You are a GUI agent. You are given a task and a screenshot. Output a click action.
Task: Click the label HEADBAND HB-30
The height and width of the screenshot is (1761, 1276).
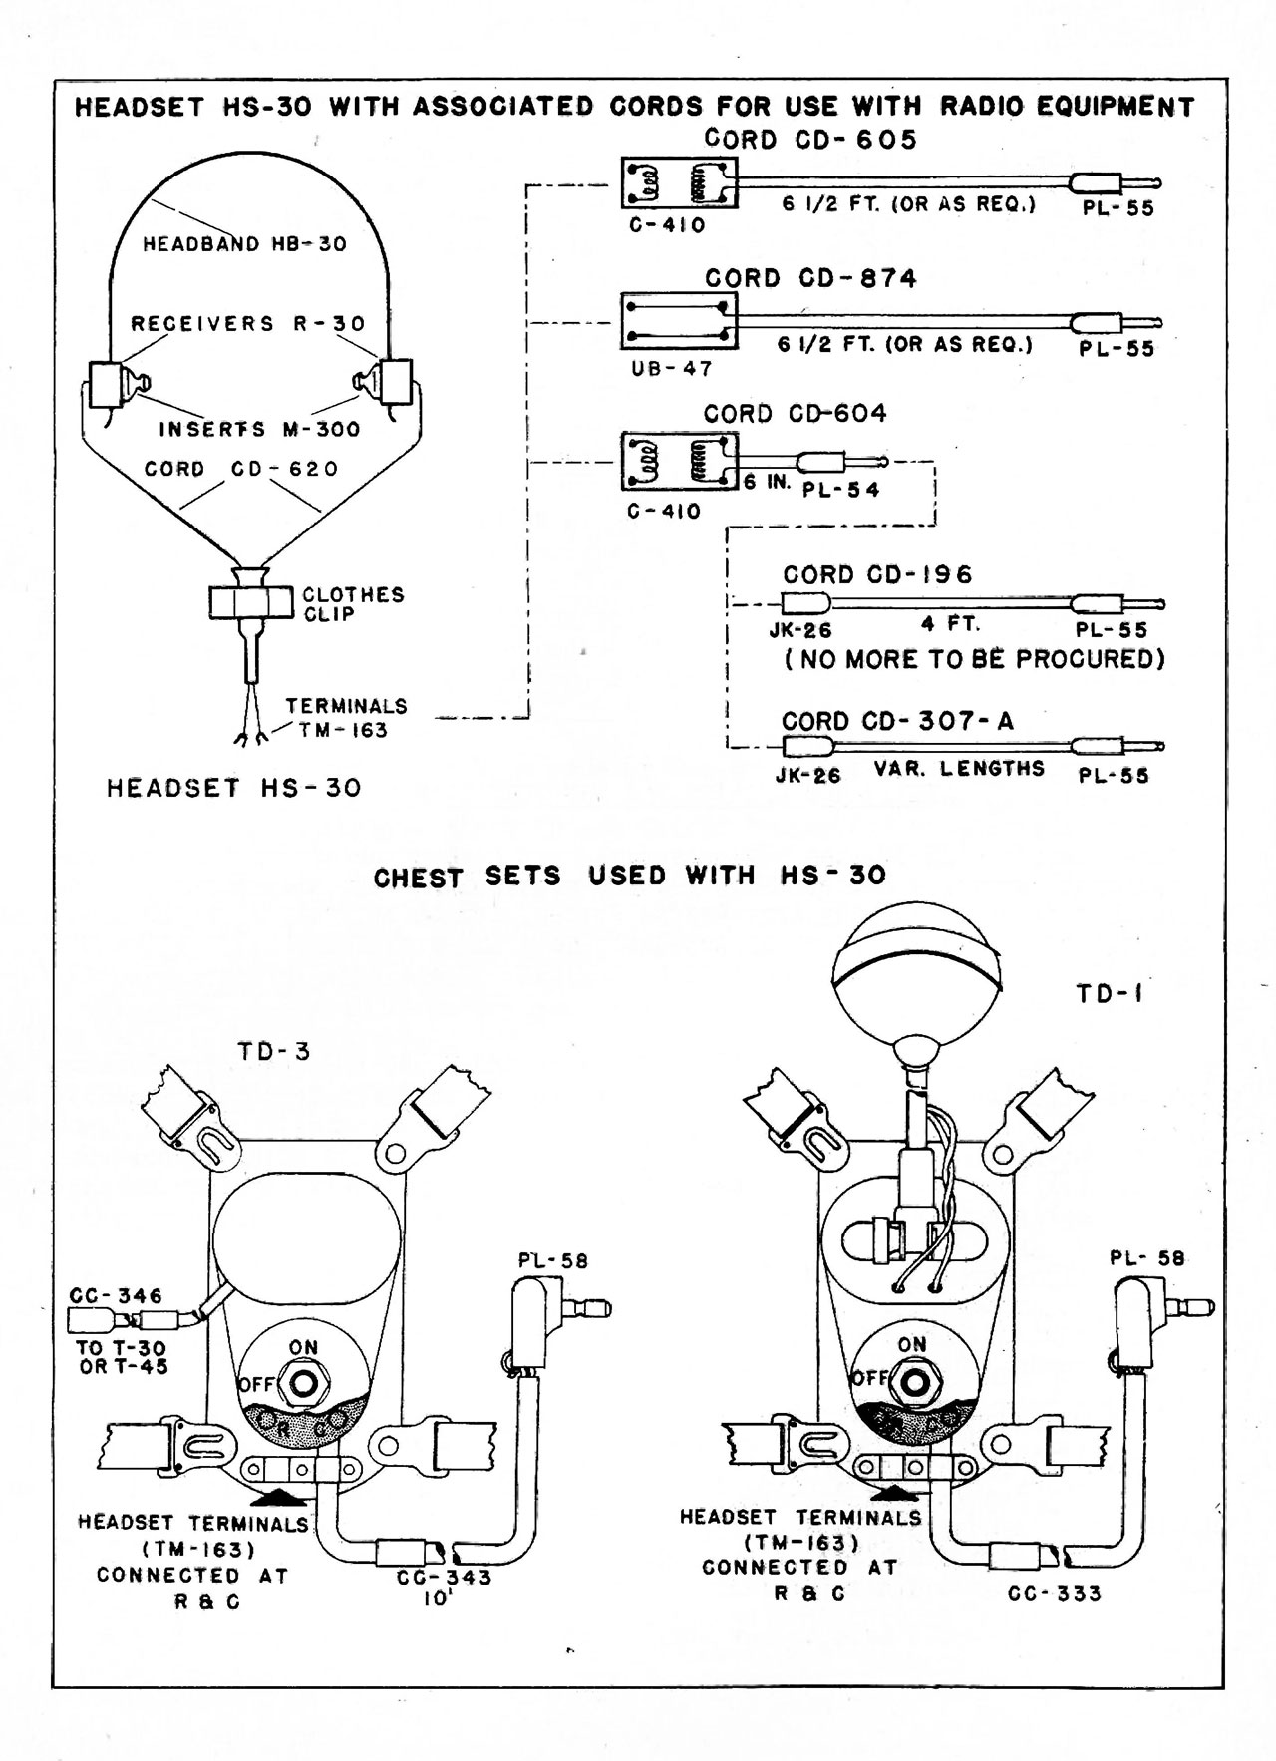(x=244, y=244)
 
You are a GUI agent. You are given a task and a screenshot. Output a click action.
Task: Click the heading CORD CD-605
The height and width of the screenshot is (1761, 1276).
(x=809, y=140)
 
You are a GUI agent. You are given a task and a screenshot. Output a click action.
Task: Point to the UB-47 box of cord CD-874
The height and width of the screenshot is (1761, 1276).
(x=679, y=321)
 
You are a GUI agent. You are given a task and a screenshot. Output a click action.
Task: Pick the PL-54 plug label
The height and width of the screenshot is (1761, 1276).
(x=840, y=490)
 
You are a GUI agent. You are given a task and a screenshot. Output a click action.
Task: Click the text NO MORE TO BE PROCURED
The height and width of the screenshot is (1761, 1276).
(x=975, y=659)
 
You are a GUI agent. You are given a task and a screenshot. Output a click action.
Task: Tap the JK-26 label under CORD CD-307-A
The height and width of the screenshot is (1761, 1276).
(x=807, y=775)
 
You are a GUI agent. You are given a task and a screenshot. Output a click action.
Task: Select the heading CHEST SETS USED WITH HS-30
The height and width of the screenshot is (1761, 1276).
(x=629, y=877)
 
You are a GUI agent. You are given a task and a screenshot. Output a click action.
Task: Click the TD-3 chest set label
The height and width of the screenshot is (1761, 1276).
(x=274, y=1051)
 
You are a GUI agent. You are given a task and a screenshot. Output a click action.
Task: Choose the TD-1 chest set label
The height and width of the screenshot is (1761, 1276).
(x=1109, y=993)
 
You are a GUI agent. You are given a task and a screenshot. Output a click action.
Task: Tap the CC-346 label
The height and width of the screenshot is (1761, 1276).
(x=116, y=1296)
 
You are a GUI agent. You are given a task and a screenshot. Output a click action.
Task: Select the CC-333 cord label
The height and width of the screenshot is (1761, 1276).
(x=1054, y=1593)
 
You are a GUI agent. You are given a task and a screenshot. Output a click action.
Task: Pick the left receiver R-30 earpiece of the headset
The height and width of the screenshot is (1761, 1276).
(x=105, y=383)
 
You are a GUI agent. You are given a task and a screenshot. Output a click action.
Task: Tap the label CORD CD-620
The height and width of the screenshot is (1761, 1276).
(x=241, y=469)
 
